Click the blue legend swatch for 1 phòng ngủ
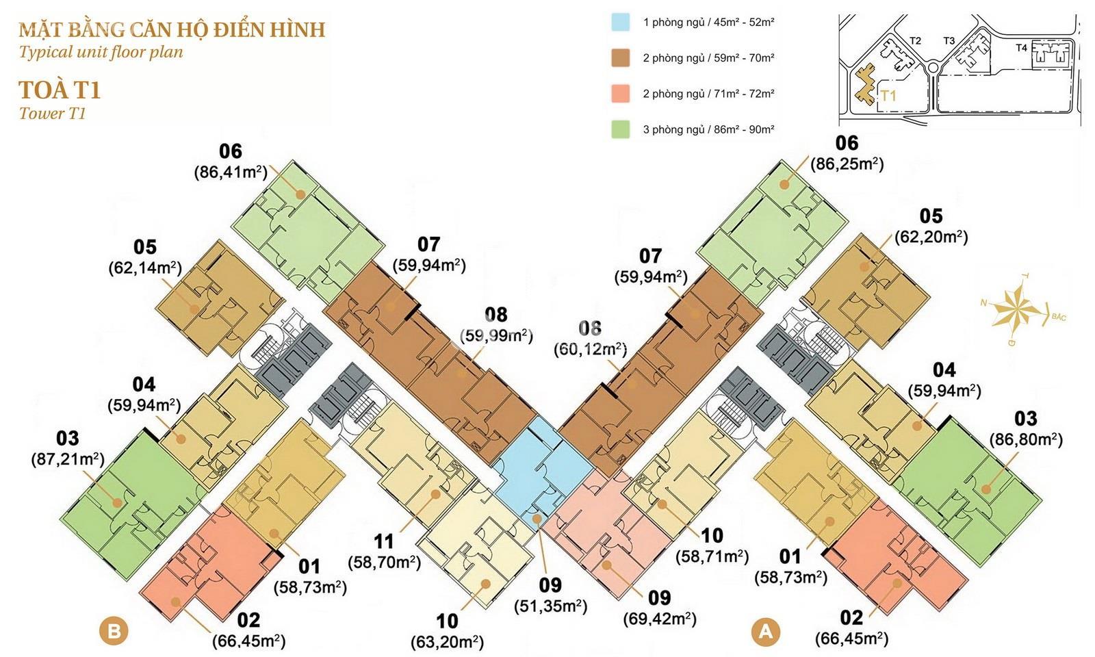(620, 22)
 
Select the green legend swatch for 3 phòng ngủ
(620, 129)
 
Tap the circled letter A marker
(766, 631)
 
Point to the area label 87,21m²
(68, 460)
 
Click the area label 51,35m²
(550, 606)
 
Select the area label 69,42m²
(660, 619)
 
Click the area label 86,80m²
(1026, 440)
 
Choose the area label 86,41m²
(231, 172)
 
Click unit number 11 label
(384, 541)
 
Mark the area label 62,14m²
(144, 268)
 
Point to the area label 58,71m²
(712, 557)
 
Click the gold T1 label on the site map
(888, 95)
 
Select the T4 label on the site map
(1021, 48)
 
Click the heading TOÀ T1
(60, 91)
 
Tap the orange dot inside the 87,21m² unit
(117, 502)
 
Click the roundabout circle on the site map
(933, 68)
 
